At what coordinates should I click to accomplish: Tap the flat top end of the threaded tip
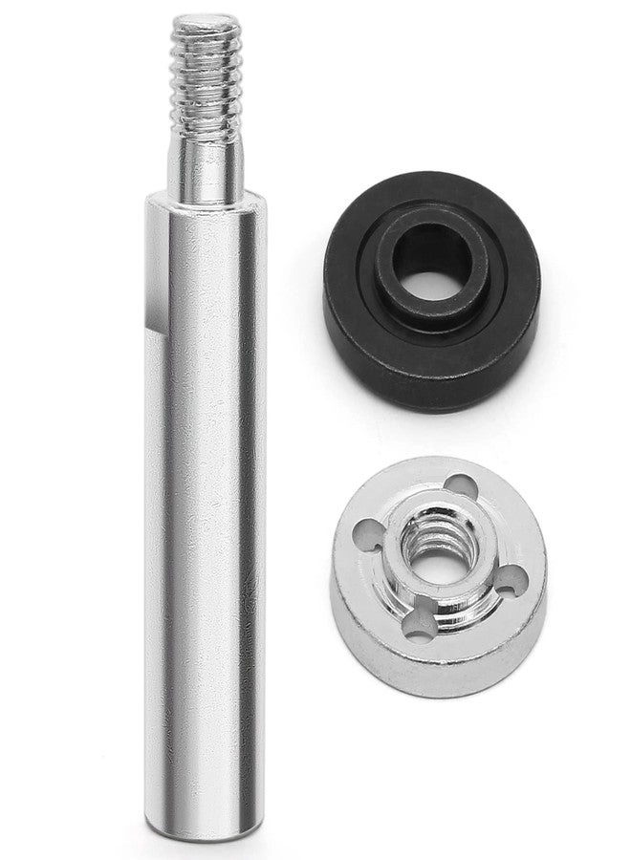click(205, 21)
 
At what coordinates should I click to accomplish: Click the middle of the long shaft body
click(206, 497)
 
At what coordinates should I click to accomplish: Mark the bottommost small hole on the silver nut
click(416, 626)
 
